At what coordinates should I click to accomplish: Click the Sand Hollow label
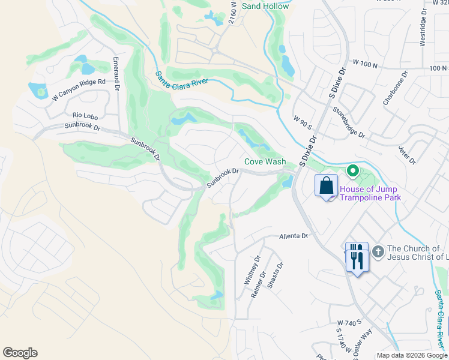(x=265, y=6)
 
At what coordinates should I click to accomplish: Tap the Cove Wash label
(x=265, y=162)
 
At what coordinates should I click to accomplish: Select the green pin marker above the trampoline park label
(x=353, y=172)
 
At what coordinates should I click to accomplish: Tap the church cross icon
(x=378, y=251)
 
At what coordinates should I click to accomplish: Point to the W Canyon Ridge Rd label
(x=79, y=89)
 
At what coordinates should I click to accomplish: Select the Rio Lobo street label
(x=85, y=115)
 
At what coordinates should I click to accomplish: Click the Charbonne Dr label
(x=395, y=88)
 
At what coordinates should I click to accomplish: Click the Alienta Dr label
(x=293, y=236)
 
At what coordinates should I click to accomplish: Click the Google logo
(x=20, y=353)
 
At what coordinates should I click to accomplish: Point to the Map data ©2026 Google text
(x=412, y=355)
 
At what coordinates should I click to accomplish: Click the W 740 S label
(x=349, y=322)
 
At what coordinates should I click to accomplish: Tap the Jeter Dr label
(x=408, y=154)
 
